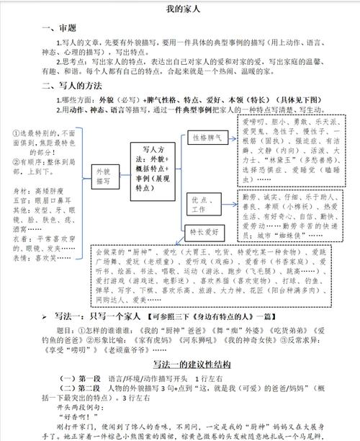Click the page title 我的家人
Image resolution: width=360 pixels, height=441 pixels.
point(180,10)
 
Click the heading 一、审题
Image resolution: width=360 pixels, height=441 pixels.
point(60,29)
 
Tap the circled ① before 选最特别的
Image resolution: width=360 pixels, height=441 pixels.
point(16,133)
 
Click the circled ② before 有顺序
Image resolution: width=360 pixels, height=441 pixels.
point(16,161)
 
